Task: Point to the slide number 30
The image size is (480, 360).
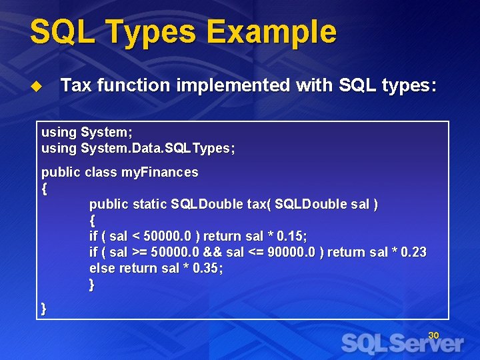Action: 433,335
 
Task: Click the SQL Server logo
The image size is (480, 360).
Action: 402,343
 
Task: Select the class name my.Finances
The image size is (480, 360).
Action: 159,172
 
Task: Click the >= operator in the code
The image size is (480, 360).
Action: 139,252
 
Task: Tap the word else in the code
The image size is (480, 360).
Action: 102,268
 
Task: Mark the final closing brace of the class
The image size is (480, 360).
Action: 44,307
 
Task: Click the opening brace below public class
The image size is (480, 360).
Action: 44,188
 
